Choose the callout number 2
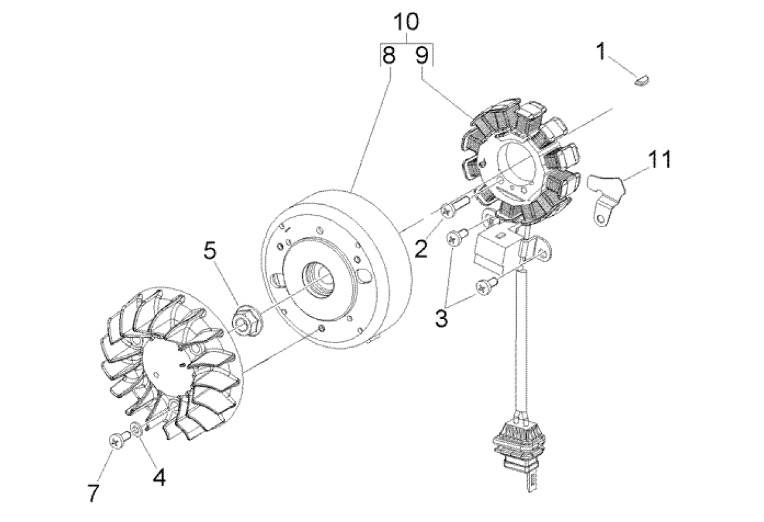click(x=421, y=248)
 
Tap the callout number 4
click(x=159, y=478)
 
